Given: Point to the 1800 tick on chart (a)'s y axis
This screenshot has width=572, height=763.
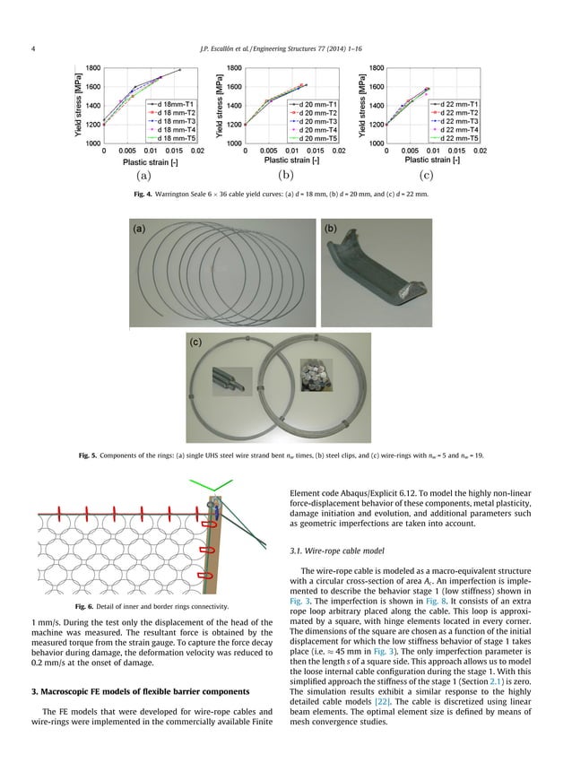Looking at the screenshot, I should pos(92,68).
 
